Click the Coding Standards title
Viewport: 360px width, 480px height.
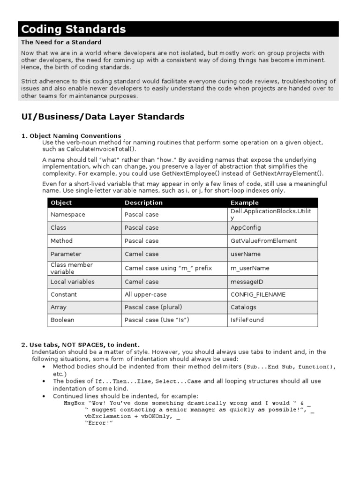coord(74,29)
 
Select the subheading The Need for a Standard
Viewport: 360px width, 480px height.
coord(61,42)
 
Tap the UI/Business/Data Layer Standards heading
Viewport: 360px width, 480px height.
coord(103,117)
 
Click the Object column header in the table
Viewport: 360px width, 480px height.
coord(61,202)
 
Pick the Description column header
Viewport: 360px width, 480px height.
coord(143,202)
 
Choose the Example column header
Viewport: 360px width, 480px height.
coord(244,202)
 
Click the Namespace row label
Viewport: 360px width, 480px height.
coord(67,214)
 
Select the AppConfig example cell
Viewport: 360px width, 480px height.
coord(246,227)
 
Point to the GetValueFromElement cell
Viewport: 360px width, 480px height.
coord(263,240)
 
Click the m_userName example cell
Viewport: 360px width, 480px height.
coord(250,268)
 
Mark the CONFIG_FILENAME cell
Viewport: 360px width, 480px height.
coord(258,294)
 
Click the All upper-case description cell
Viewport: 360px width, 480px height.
coord(145,294)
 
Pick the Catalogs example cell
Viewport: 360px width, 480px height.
coord(243,307)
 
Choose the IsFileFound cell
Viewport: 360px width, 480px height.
coord(247,320)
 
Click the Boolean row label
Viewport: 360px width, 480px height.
coord(62,320)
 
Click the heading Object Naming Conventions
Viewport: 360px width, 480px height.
coord(75,136)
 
